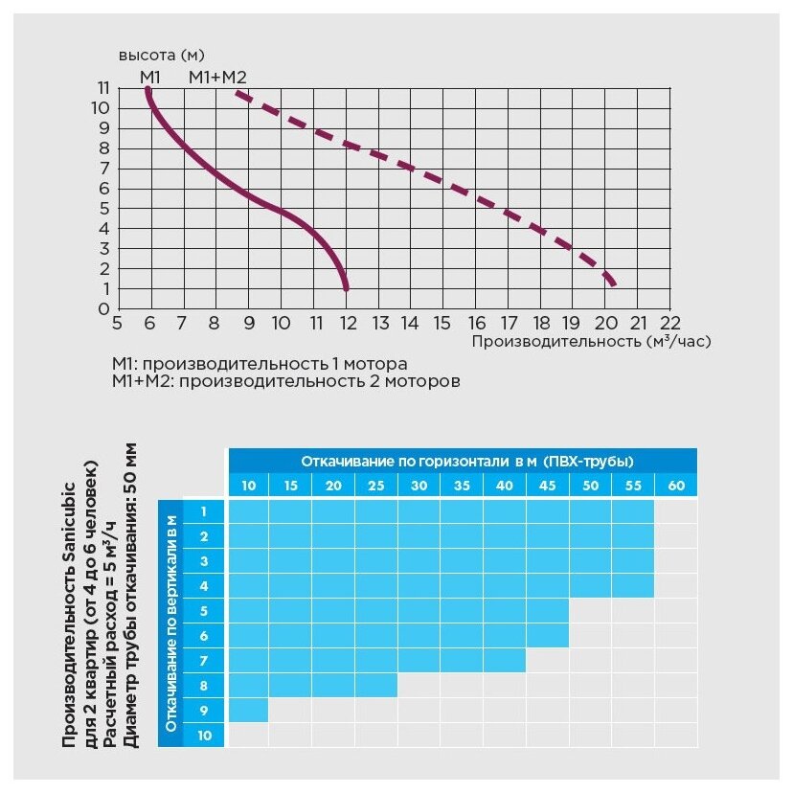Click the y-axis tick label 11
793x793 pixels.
pos(103,88)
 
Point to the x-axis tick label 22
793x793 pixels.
pos(670,323)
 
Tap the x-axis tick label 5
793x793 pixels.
pos(117,323)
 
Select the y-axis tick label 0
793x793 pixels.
pos(103,309)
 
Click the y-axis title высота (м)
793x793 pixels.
pos(162,54)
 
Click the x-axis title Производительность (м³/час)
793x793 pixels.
pos(591,340)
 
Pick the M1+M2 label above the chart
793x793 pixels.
pos(218,76)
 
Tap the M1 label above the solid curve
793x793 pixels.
pos(149,76)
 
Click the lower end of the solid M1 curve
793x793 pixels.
pos(346,287)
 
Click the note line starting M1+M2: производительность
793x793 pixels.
pos(286,381)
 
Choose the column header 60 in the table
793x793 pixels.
pos(676,486)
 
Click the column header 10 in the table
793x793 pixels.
pos(248,486)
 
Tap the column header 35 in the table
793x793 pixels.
pos(462,486)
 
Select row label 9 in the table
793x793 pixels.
pos(203,711)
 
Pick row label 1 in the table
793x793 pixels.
pos(203,511)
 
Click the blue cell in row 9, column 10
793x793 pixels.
pos(248,711)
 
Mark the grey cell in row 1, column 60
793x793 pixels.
pos(676,511)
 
